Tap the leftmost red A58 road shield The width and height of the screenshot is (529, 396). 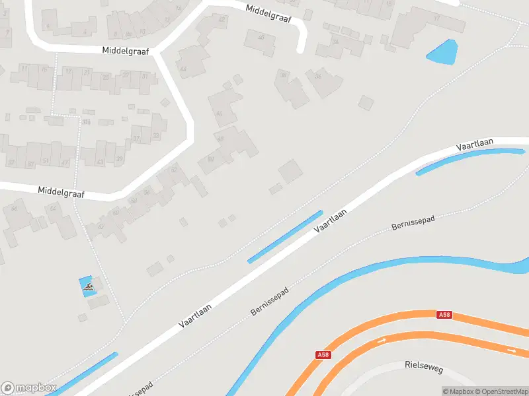point(323,355)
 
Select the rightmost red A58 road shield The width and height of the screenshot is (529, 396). point(444,315)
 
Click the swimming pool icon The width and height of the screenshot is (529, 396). point(87,287)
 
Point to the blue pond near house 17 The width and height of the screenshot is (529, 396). point(442,52)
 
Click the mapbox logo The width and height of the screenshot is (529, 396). point(28,387)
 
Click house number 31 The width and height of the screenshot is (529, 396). point(145,76)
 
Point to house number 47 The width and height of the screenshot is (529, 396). point(64,162)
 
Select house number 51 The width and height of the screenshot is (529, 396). point(46,162)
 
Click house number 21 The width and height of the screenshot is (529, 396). point(119,158)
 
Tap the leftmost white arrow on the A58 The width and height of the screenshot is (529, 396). point(381,341)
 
